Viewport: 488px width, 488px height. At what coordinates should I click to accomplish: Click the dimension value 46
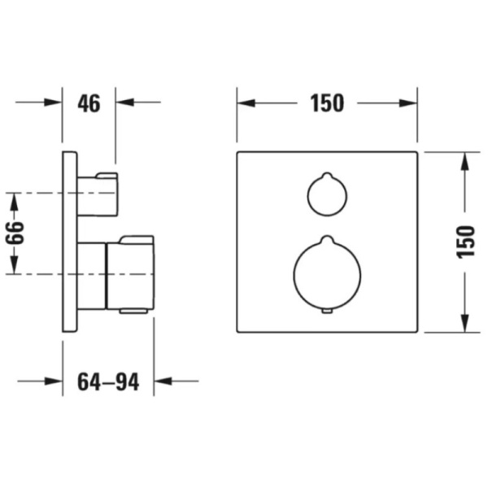tap(89, 103)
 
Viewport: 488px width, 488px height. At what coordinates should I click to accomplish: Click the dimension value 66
tap(15, 233)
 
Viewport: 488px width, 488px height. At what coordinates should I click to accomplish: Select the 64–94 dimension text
tap(108, 382)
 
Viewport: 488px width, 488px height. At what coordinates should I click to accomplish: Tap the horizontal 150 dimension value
tap(327, 103)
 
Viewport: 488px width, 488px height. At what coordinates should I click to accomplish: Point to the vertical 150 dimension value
tap(466, 242)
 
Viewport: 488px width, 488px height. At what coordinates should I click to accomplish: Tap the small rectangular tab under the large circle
tap(327, 311)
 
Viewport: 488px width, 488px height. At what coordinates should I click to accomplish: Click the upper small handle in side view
tap(98, 194)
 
